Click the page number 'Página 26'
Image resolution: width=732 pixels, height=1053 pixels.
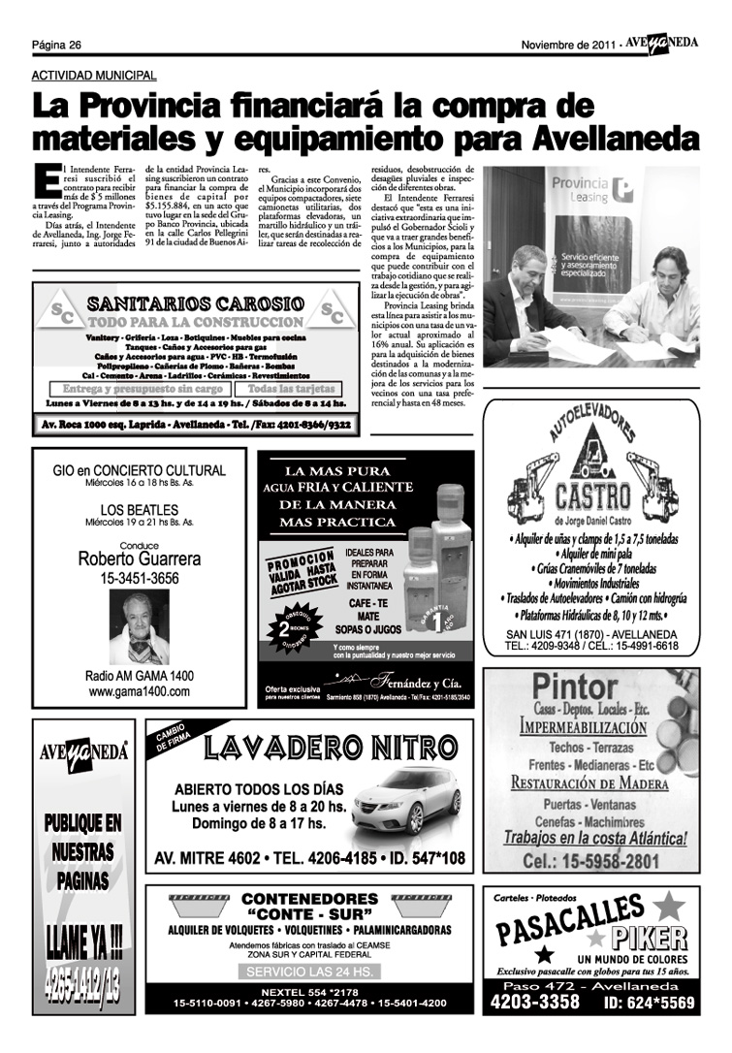[x=55, y=45]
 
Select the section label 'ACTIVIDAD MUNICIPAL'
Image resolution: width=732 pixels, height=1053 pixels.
[x=94, y=75]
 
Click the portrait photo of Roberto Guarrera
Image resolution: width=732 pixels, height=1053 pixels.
[x=139, y=627]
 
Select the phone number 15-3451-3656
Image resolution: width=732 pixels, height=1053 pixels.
[x=140, y=579]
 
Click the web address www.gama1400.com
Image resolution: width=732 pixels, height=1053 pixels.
[x=140, y=692]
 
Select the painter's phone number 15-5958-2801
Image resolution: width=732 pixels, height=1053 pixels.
[x=591, y=861]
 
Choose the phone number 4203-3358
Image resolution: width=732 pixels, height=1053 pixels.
[x=534, y=1002]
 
